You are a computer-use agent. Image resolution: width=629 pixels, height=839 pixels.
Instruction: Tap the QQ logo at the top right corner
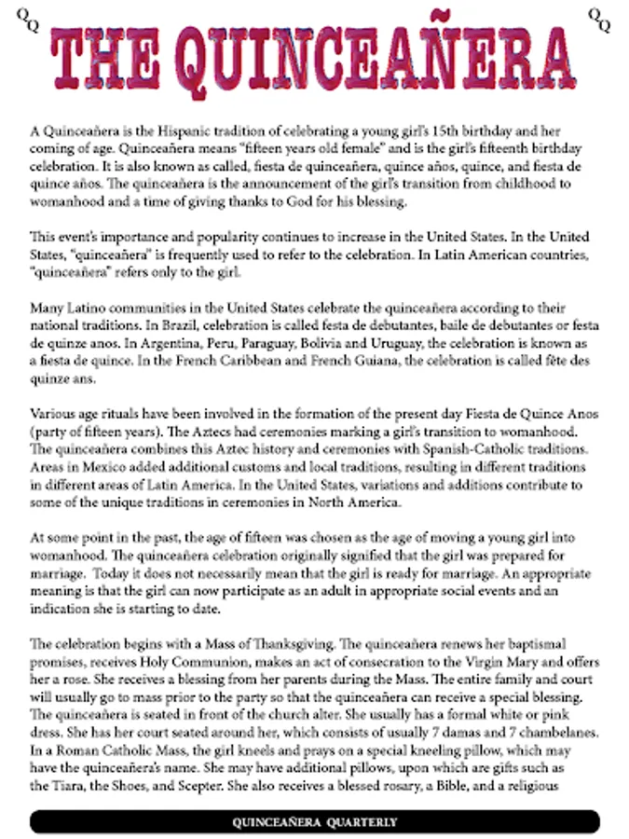pos(599,18)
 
